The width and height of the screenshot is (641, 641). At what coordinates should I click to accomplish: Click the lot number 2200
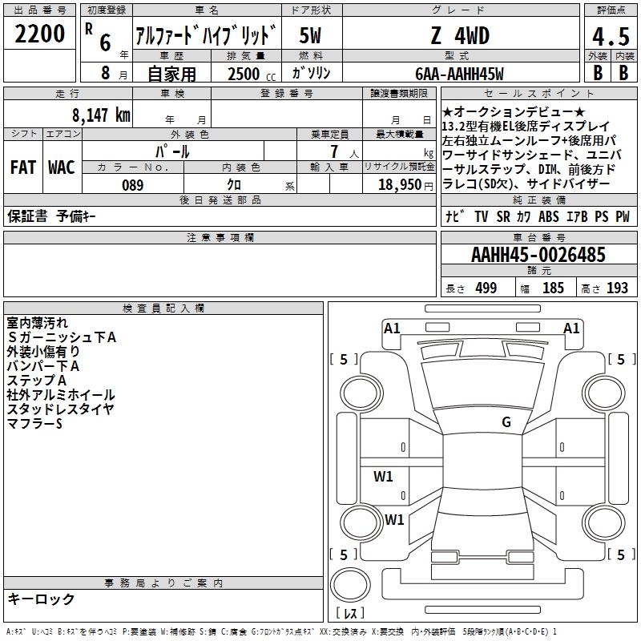40,34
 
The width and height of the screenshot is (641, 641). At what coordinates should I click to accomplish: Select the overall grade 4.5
610,37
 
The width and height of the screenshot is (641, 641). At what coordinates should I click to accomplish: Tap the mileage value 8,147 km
100,115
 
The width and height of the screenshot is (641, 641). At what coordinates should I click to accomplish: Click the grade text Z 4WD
459,36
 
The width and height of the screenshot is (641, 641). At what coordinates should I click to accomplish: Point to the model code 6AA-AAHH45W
459,74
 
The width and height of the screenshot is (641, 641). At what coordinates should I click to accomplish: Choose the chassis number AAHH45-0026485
538,256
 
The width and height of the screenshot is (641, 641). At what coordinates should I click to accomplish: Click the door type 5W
311,36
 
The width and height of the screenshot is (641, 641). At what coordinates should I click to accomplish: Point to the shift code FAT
22,167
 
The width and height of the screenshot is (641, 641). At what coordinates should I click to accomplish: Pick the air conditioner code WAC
61,167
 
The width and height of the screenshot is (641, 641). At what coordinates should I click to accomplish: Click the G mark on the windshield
506,422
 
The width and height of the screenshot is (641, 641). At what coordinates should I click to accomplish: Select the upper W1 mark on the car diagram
383,477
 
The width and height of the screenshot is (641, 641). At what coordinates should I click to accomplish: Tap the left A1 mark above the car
392,328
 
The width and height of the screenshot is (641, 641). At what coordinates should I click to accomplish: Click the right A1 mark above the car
571,328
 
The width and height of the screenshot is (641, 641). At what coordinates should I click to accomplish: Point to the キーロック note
41,599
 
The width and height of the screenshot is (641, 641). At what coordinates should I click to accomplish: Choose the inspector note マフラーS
34,423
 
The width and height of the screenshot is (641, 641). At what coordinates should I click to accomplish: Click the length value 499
486,288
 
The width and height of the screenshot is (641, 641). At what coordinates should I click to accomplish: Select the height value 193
618,288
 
